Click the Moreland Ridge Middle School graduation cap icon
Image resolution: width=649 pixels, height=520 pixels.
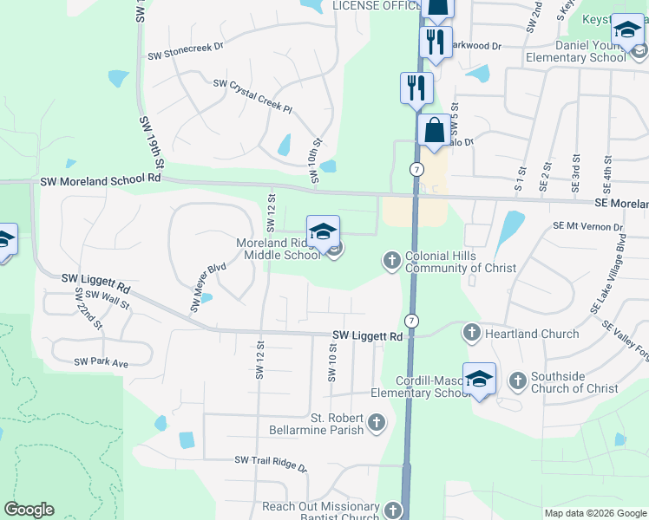323,232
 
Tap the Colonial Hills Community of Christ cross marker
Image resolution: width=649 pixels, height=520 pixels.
391,259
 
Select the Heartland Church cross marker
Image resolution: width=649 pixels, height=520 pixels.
471,332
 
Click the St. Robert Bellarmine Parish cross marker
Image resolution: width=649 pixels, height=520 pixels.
376,422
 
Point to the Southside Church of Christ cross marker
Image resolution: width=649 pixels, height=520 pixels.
517,380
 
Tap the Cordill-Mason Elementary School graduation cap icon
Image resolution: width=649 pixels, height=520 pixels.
479,380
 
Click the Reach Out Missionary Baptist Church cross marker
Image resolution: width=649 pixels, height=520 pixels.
393,510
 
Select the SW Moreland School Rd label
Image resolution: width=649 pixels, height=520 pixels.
102,180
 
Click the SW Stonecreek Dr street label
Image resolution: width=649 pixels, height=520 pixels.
185,55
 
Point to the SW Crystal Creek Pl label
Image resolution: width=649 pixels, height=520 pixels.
253,93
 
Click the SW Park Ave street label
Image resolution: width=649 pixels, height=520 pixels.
101,361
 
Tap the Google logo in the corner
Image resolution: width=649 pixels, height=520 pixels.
29,510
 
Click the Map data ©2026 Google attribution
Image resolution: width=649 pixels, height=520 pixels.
595,513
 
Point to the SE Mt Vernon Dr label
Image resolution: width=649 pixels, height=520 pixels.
588,227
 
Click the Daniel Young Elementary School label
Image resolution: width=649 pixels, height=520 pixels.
575,50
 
